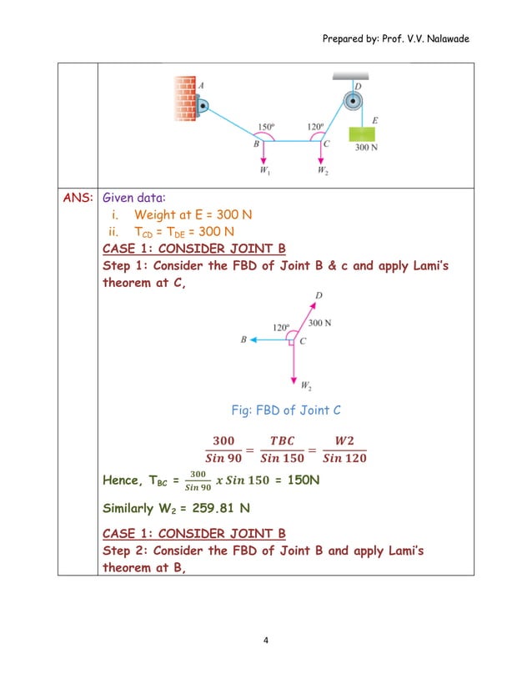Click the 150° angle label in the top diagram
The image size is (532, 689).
[266, 128]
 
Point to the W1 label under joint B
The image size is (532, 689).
[264, 171]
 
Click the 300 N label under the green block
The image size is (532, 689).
[368, 148]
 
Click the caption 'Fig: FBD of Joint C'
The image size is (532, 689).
[286, 410]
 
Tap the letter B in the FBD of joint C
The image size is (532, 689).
[243, 340]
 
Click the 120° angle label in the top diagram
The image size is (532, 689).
[315, 128]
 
